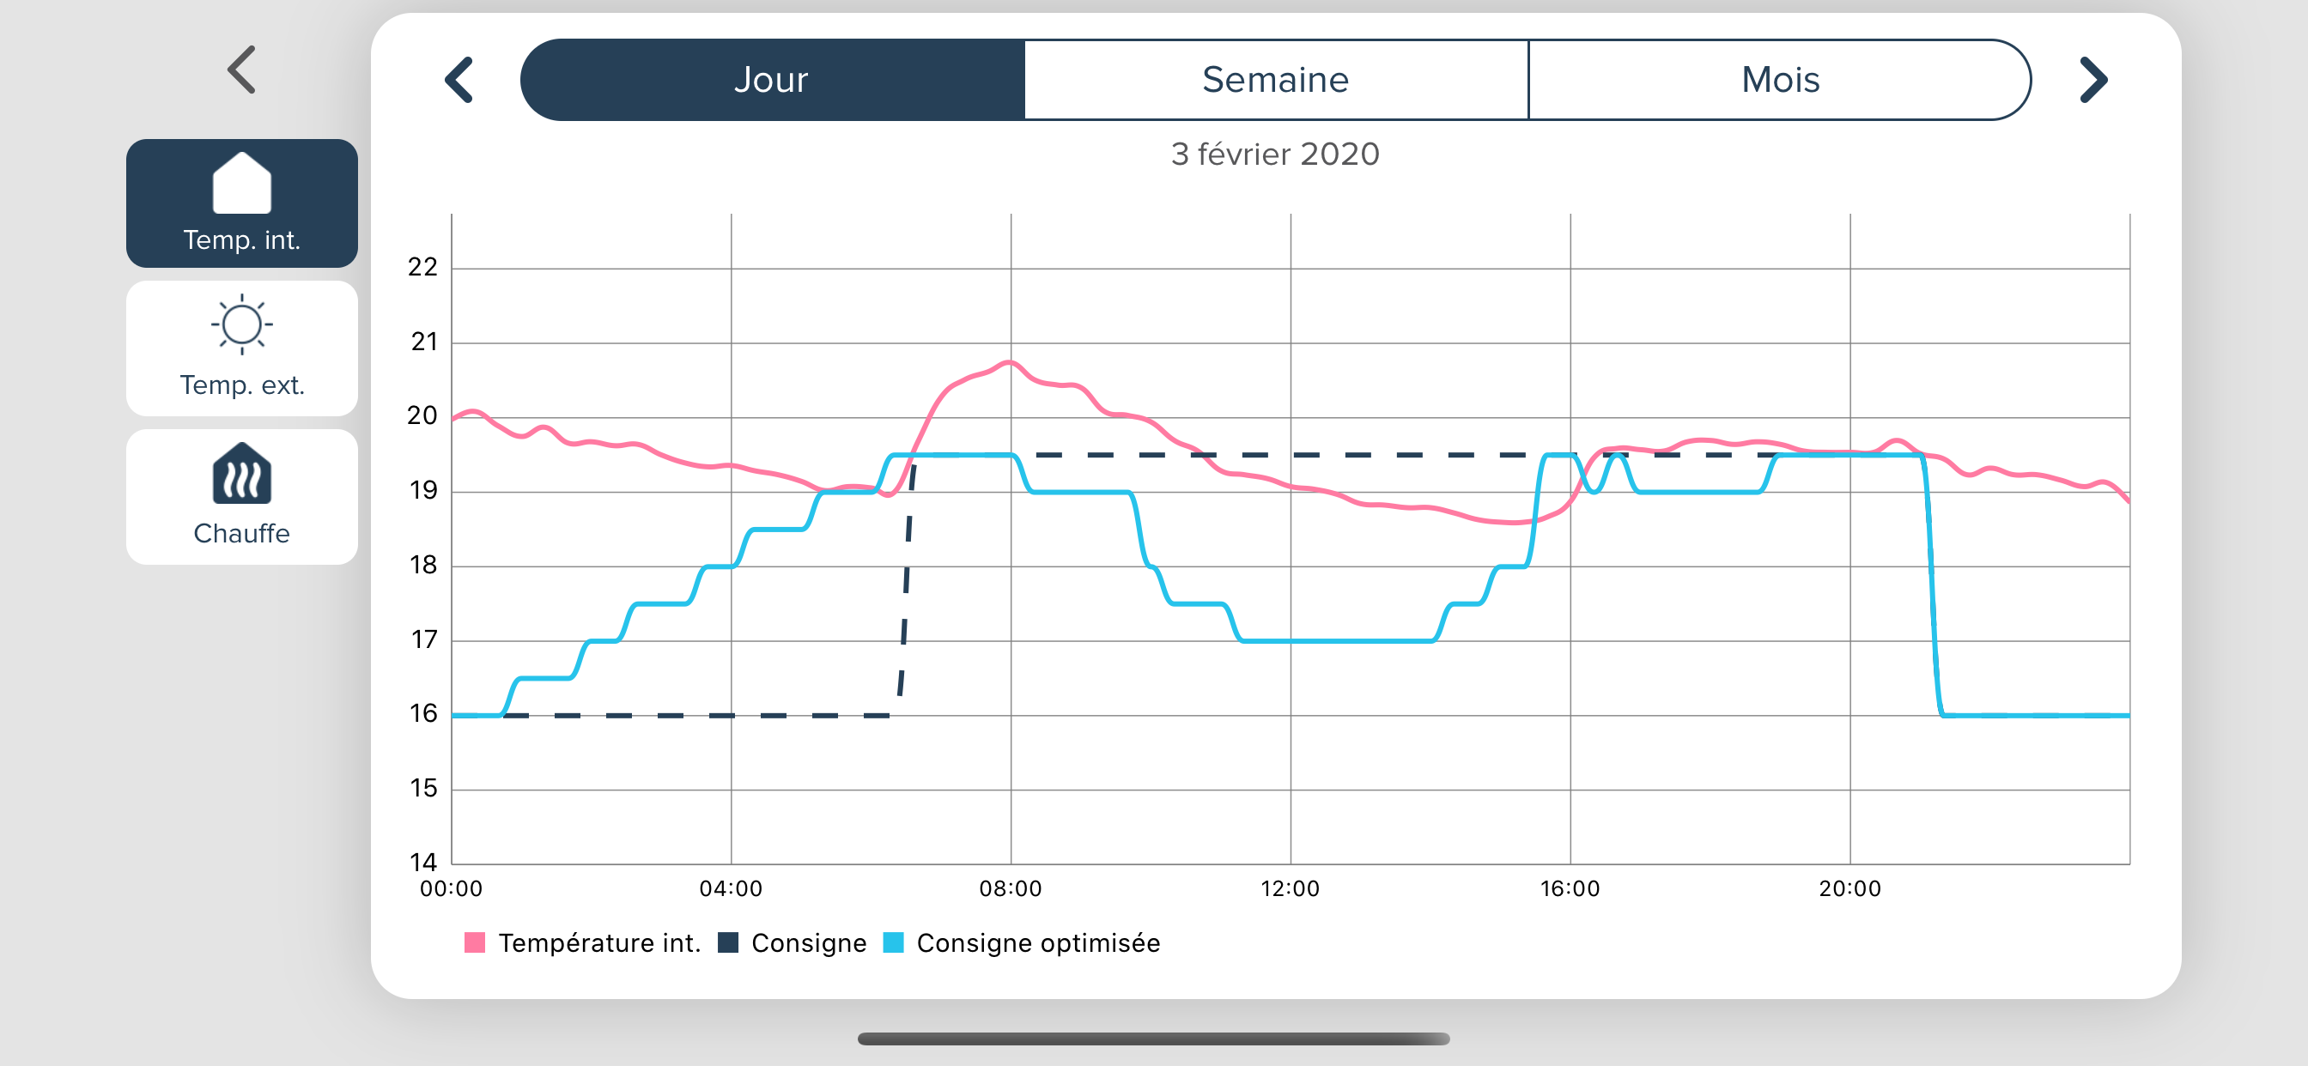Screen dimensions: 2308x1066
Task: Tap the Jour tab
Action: (772, 80)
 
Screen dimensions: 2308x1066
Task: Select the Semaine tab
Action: (1276, 80)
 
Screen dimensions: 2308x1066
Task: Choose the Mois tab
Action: (1780, 80)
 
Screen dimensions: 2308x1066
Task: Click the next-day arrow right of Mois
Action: (2094, 80)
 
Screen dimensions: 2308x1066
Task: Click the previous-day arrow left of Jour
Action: (459, 80)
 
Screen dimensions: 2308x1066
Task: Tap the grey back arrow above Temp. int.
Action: (242, 70)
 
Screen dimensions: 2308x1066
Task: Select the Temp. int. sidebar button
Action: (242, 203)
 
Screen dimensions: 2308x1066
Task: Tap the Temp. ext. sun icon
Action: (242, 324)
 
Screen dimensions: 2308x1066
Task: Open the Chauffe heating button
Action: (242, 496)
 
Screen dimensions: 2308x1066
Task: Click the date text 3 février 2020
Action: (1275, 154)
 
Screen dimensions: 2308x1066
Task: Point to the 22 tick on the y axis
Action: (423, 267)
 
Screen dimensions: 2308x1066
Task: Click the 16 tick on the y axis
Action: (423, 714)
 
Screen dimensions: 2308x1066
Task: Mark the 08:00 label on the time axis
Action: (1011, 888)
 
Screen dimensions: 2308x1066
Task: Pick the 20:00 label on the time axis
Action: (1850, 888)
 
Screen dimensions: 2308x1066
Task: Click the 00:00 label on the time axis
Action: (452, 888)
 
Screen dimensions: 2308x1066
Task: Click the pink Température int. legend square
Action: (475, 942)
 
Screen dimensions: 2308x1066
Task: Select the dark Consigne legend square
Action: (728, 942)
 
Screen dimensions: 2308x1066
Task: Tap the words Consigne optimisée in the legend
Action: (1038, 943)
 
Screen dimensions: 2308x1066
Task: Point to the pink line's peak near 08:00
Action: (1010, 362)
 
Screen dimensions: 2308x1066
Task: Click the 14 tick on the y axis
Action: (423, 863)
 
